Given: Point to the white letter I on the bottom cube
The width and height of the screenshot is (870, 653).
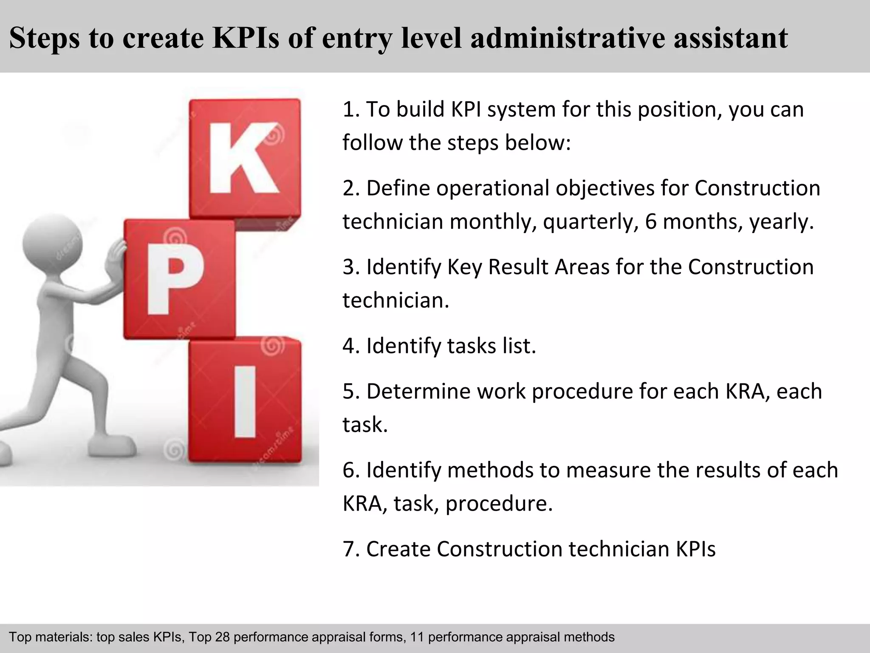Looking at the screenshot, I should point(245,401).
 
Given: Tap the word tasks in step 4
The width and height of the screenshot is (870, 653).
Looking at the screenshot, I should point(471,346).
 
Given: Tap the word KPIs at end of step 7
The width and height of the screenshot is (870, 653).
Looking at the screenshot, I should point(695,549).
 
